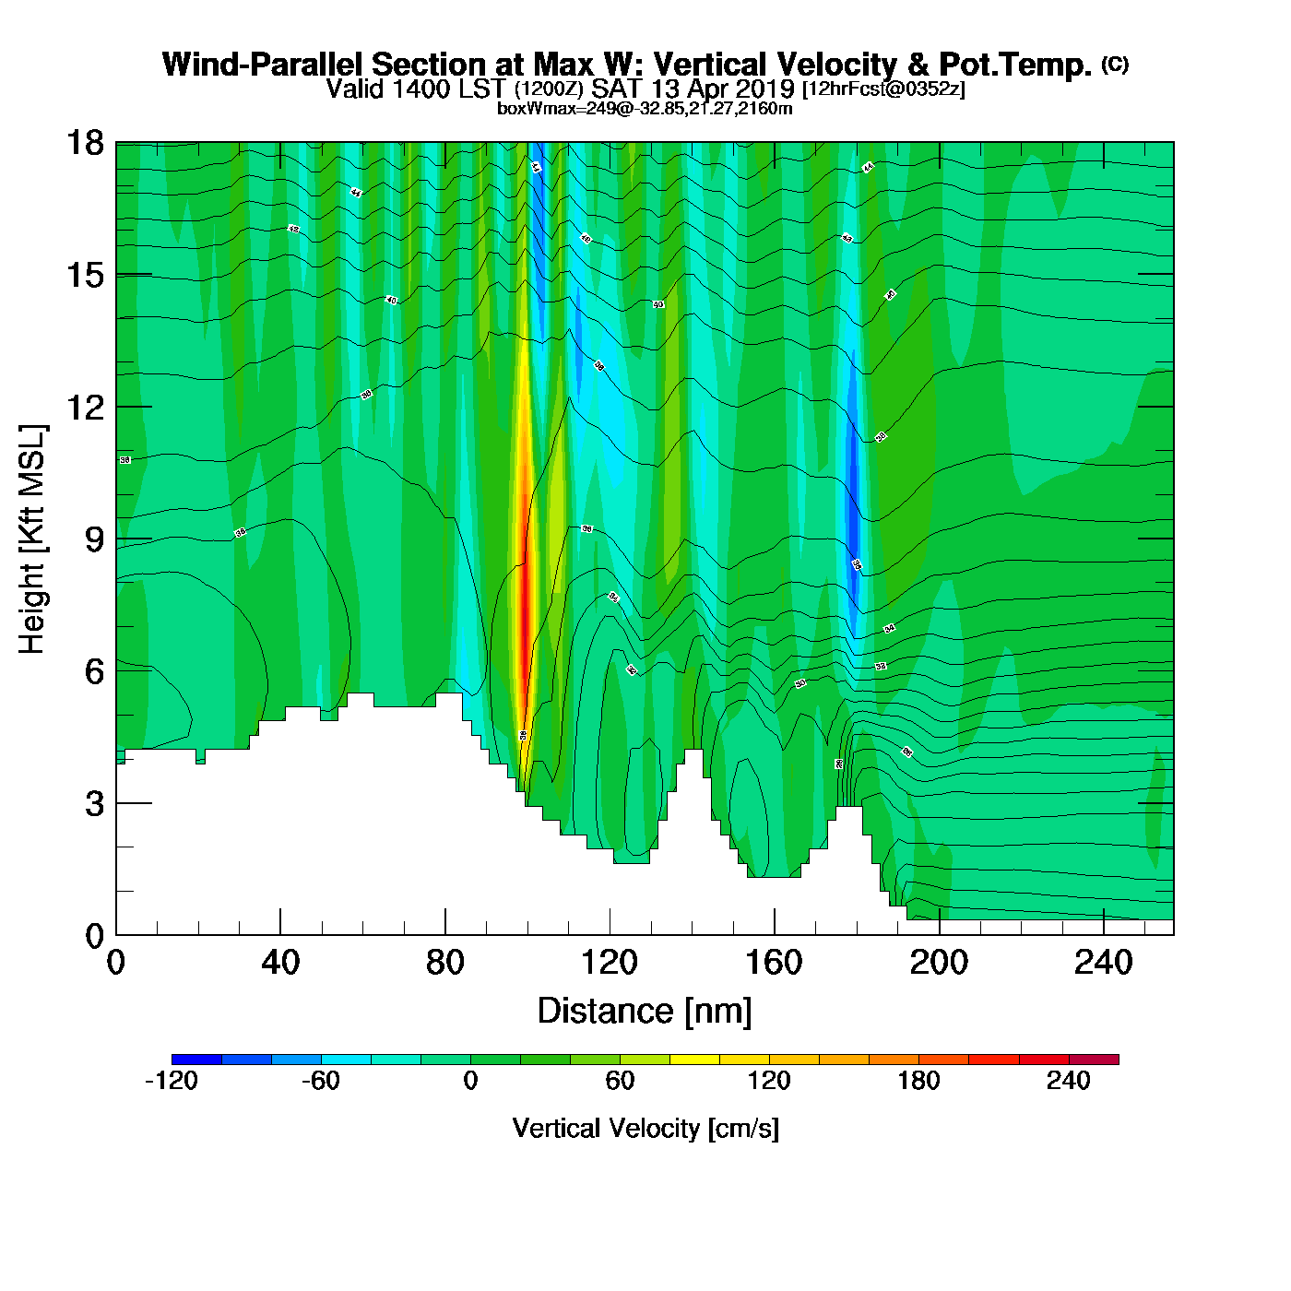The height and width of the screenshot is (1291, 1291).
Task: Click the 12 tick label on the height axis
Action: tap(85, 407)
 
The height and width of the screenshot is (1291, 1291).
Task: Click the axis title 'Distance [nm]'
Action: tap(645, 1012)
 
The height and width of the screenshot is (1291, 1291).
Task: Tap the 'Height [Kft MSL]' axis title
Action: tap(32, 539)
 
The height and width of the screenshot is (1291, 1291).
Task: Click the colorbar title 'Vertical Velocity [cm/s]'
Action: tap(645, 1128)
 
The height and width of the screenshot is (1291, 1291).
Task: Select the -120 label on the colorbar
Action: tap(172, 1081)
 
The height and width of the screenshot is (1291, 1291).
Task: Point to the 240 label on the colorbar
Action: tap(1069, 1081)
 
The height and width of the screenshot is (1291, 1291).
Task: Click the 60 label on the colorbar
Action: tap(620, 1081)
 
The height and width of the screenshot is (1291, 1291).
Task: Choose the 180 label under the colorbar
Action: tap(918, 1081)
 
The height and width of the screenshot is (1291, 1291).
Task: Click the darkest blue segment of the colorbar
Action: tap(196, 1060)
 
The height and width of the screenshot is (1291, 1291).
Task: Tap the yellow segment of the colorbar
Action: tap(694, 1060)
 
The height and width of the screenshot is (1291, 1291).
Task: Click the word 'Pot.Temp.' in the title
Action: tap(1015, 65)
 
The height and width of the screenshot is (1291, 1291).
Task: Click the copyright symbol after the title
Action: tap(1115, 64)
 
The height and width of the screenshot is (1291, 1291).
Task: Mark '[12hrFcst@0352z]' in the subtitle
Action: tap(883, 89)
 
